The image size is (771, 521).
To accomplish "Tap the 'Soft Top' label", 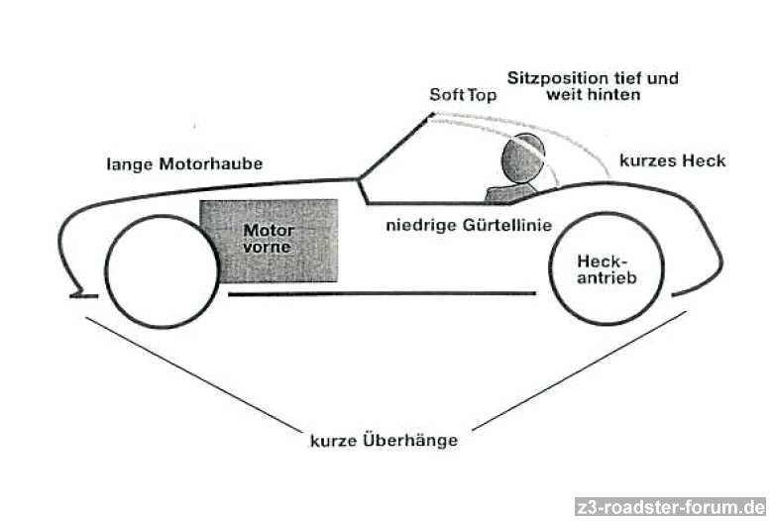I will tap(462, 95).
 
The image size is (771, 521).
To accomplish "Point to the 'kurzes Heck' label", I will tap(672, 160).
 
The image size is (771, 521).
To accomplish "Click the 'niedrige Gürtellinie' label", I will tap(468, 225).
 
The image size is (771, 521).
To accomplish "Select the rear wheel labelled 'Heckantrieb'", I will tap(606, 269).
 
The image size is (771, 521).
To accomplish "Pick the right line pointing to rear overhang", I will tap(580, 370).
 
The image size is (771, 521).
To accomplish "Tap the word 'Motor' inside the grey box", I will tap(268, 229).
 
